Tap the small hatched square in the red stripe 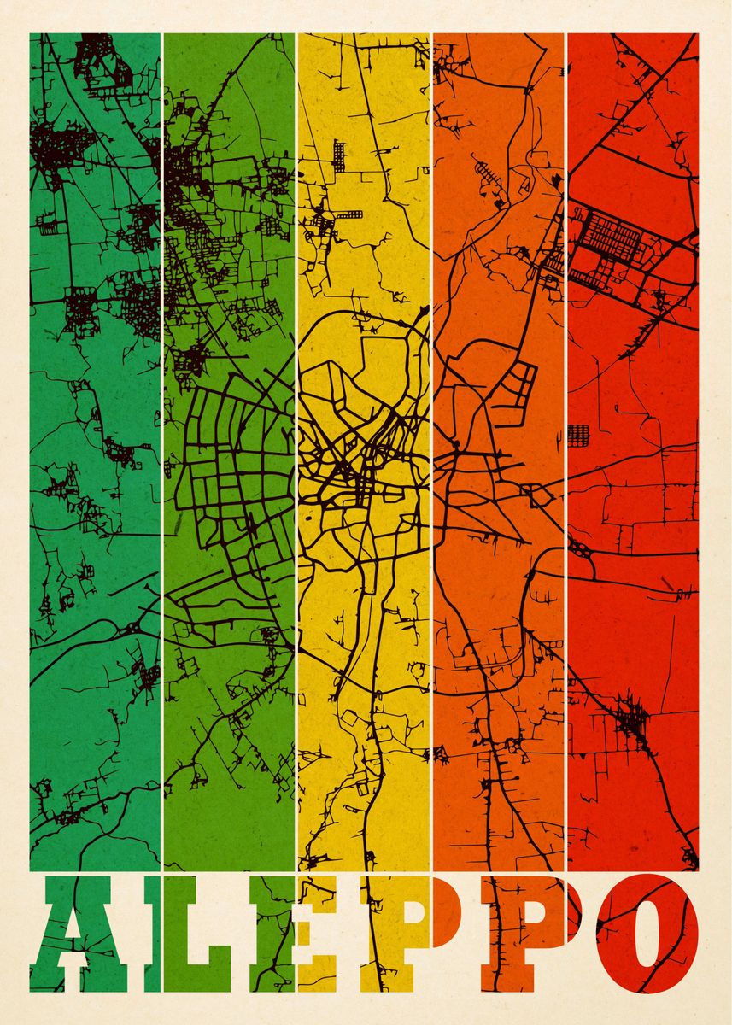(x=578, y=433)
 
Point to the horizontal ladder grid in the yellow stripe (x=350, y=214)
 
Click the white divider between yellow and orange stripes (x=431, y=427)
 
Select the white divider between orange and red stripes (x=565, y=427)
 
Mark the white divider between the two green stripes (x=161, y=427)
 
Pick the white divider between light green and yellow (x=296, y=427)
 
